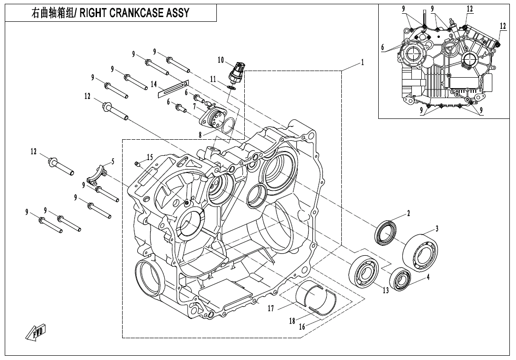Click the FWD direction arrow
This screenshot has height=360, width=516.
(x=36, y=333)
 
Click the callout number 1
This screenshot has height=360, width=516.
(x=362, y=62)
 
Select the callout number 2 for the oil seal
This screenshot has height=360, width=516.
(x=409, y=214)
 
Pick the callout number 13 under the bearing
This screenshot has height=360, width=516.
(x=386, y=289)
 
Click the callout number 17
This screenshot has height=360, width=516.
(x=271, y=309)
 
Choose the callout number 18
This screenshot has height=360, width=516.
(x=292, y=321)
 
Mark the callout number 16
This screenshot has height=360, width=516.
(x=302, y=326)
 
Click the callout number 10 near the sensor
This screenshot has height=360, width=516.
(x=221, y=60)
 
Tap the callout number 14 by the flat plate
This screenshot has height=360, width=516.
(x=153, y=84)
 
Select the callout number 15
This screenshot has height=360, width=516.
(x=150, y=157)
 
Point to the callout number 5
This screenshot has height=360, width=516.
(x=113, y=161)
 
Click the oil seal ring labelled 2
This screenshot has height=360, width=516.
(x=388, y=233)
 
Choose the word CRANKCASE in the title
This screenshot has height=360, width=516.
(x=134, y=13)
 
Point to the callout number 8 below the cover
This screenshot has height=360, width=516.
(x=201, y=135)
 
